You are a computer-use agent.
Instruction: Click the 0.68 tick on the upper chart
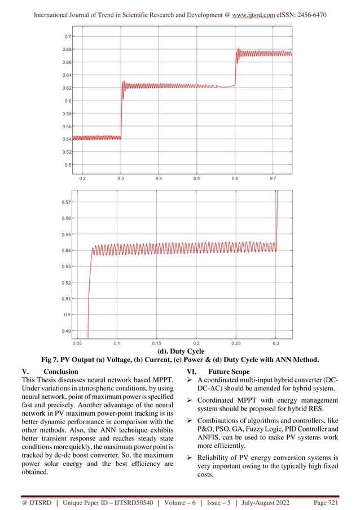67,49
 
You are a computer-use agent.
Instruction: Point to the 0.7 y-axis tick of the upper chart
68,36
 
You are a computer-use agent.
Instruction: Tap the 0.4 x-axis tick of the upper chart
159,178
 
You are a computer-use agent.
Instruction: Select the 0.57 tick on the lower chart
66,202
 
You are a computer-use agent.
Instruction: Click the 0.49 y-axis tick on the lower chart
66,330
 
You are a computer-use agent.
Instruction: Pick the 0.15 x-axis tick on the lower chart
156,343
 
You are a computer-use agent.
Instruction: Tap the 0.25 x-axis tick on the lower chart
236,343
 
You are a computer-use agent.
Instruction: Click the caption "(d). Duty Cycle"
180,351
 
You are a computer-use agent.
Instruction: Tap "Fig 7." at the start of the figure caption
51,360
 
